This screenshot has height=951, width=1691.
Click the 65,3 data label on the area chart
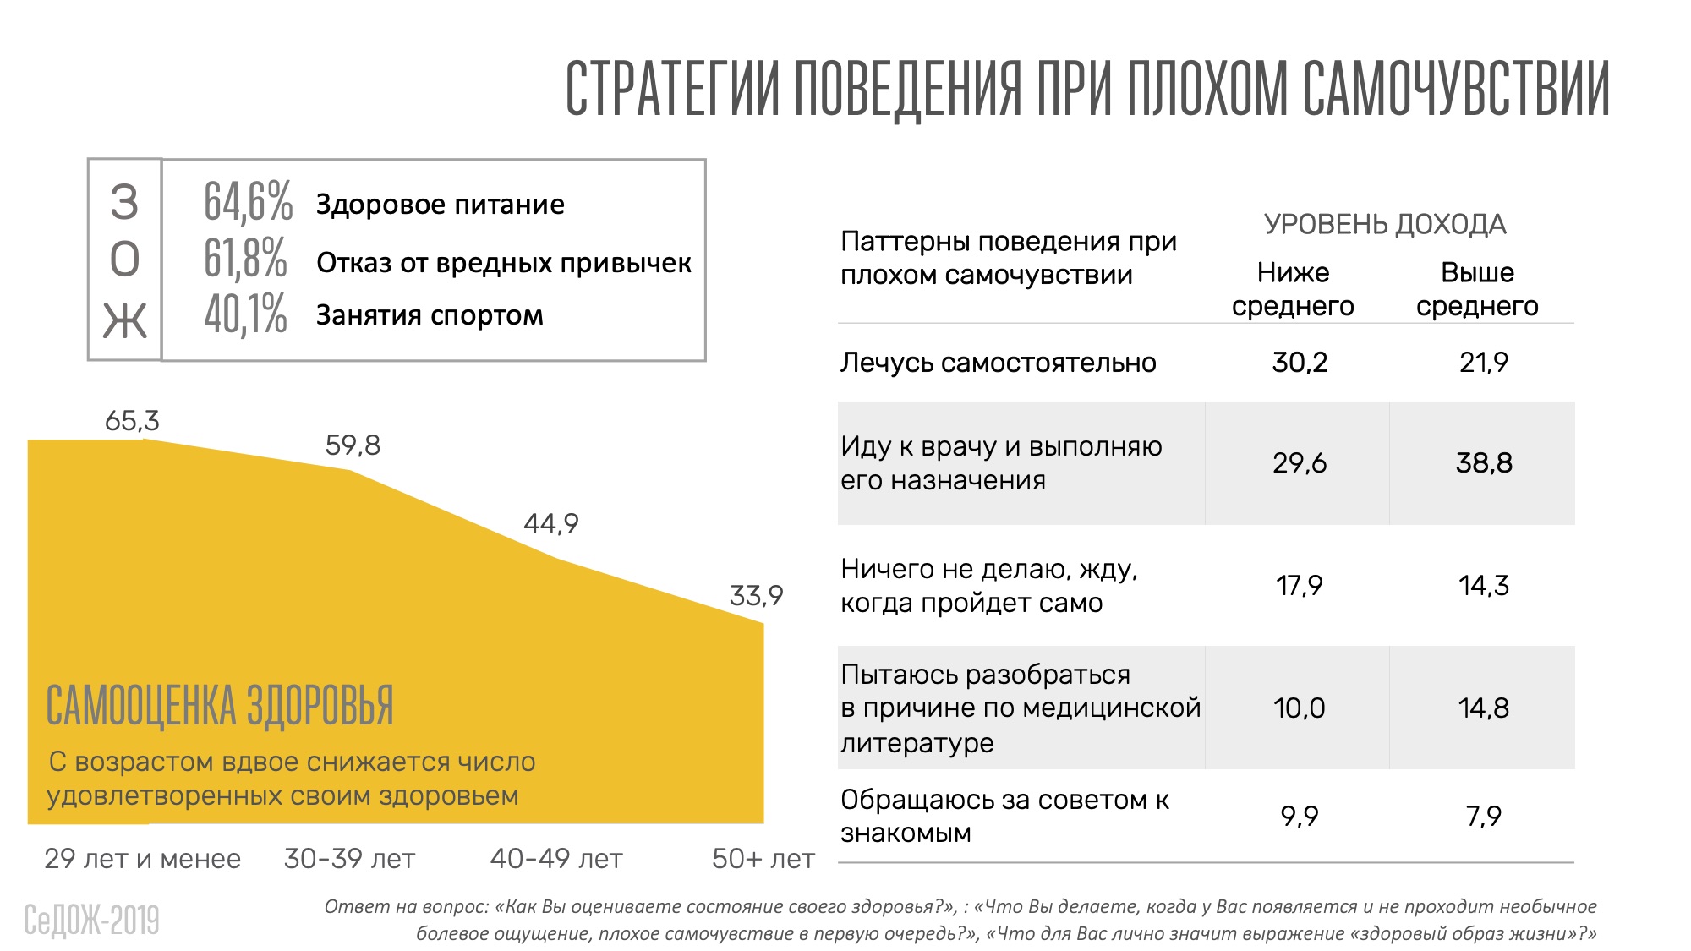(132, 421)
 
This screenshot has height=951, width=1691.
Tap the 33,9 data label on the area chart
(756, 596)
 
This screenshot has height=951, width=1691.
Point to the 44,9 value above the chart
(551, 524)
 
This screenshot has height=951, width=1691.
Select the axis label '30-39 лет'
(349, 859)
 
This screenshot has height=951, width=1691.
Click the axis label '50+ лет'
(763, 859)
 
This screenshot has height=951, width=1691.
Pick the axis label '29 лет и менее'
(142, 859)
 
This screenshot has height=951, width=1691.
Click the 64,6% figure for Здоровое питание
(248, 202)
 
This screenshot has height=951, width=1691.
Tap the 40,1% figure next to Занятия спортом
(245, 314)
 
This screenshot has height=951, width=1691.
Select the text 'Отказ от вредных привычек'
(503, 263)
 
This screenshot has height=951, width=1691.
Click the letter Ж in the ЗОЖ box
(124, 321)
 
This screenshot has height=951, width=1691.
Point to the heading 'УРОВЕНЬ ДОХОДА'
(1385, 225)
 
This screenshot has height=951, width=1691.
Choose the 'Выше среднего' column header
(1477, 289)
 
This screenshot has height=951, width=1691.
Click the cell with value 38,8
(1483, 463)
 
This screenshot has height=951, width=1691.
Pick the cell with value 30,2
(1300, 363)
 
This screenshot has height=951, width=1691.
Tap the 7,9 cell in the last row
(1483, 817)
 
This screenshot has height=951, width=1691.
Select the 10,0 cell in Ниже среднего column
(1300, 708)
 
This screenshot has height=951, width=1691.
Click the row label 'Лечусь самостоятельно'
(998, 363)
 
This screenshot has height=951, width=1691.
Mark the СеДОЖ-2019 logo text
(91, 921)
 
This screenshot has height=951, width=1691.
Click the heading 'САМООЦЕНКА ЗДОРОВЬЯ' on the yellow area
(220, 707)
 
